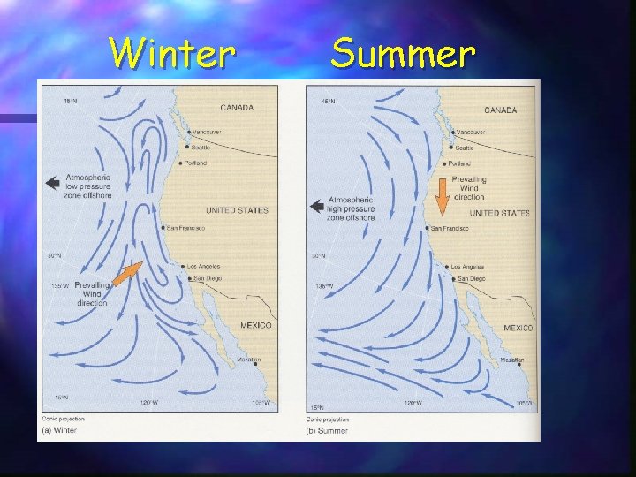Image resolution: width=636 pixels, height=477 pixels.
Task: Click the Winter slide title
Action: tap(173, 54)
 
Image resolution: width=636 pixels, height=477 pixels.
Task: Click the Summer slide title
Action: tap(403, 54)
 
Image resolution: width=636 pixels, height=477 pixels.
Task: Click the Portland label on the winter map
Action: tap(197, 163)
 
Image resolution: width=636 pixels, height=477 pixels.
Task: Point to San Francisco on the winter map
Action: tap(186, 228)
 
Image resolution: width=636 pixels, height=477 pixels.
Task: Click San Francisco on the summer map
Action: tap(450, 229)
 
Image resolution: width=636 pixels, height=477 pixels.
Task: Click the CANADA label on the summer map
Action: tap(501, 110)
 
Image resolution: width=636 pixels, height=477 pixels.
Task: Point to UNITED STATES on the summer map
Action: tap(499, 213)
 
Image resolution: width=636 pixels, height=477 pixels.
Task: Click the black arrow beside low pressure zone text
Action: tap(53, 183)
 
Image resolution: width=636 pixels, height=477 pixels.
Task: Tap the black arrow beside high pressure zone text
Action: tap(316, 207)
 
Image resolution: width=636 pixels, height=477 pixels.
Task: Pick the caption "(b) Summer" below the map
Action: tap(328, 430)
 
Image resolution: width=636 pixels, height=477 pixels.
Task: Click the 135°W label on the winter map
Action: tap(59, 285)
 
